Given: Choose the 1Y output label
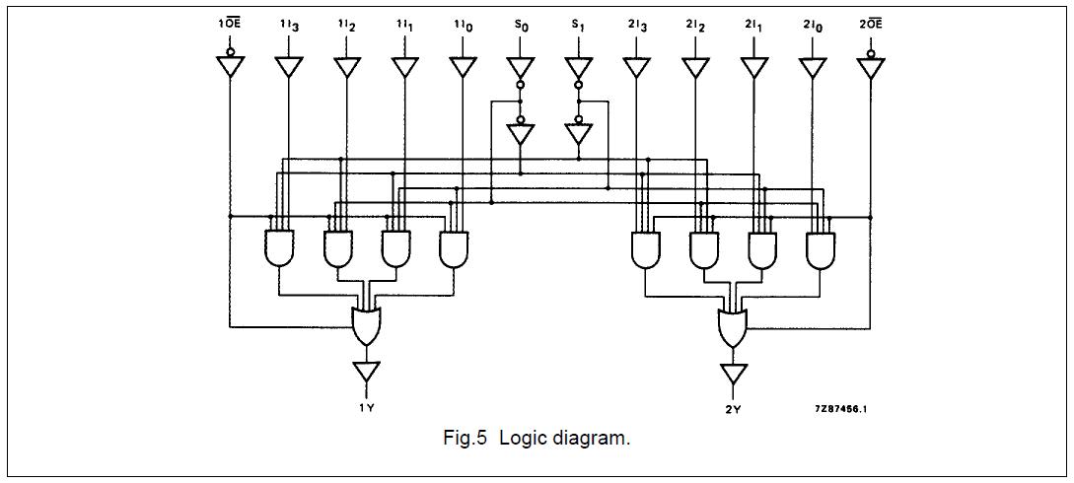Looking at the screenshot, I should point(366,406).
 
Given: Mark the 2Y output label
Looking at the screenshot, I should point(733,406).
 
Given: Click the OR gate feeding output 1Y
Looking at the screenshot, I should point(366,325).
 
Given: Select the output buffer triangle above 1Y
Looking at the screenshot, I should point(366,372).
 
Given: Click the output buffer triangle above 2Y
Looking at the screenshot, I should point(733,374).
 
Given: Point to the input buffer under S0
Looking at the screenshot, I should point(521,66).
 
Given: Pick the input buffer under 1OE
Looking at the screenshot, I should point(230,66).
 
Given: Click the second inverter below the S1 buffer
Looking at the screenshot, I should point(579,133).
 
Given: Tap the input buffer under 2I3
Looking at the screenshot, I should point(637,66).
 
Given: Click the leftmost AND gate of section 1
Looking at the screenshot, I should point(279,248).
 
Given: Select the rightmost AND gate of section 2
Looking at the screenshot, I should point(821,249).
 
